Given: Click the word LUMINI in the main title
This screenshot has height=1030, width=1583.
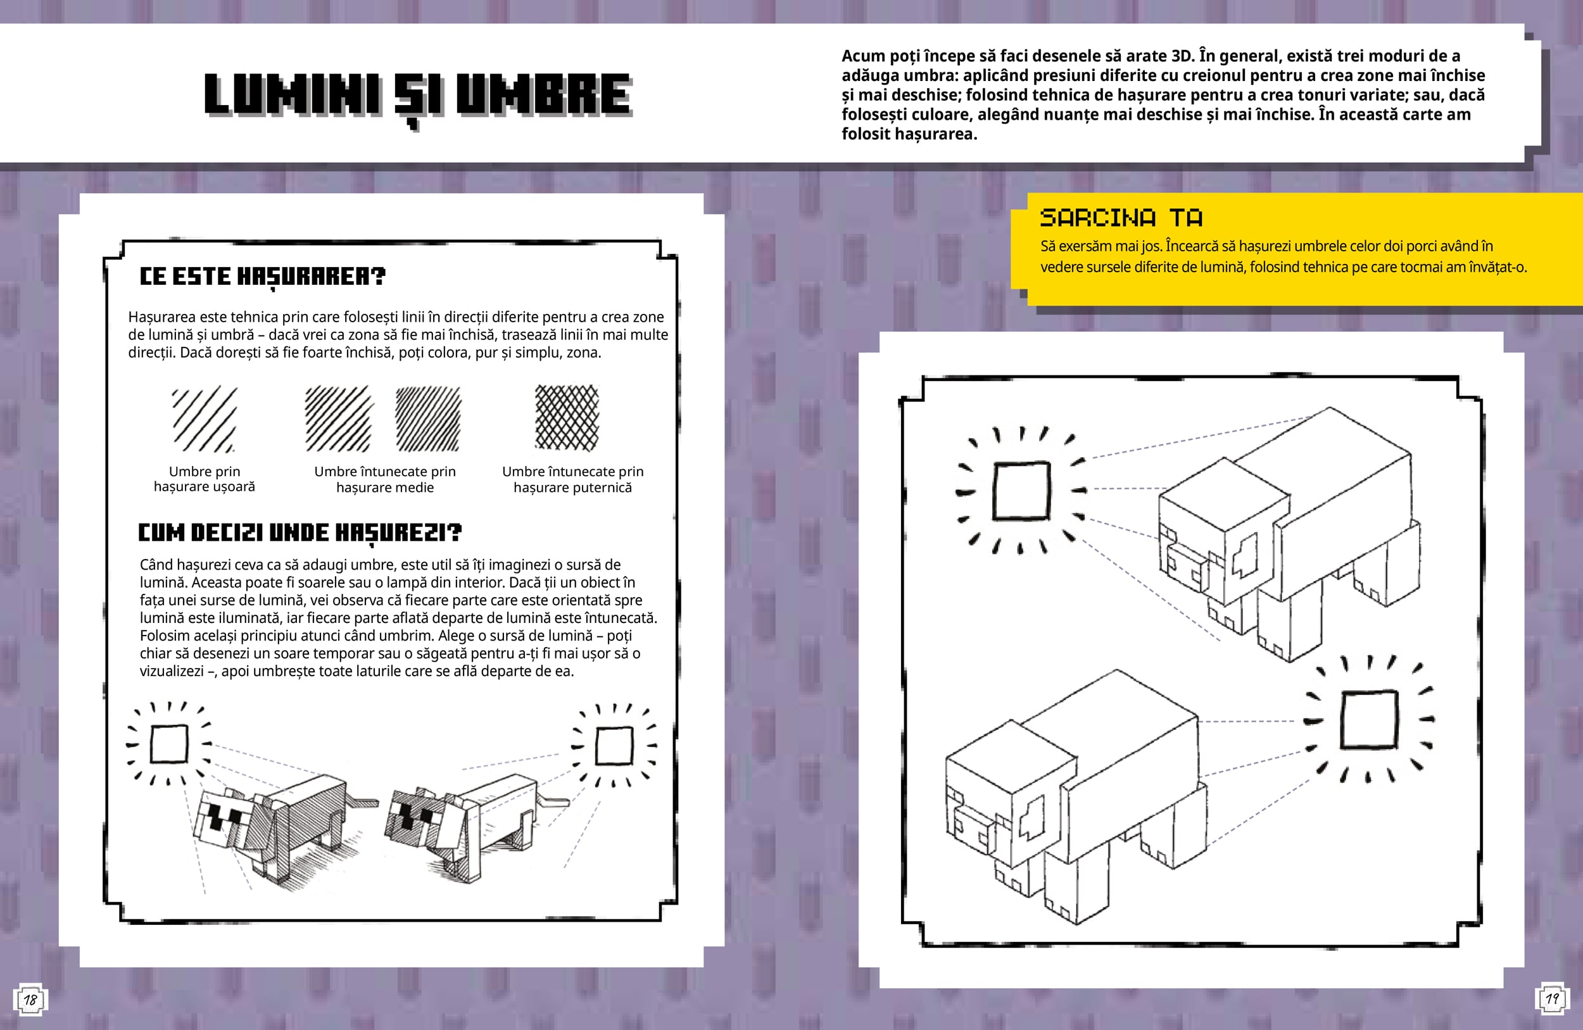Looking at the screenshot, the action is click(293, 94).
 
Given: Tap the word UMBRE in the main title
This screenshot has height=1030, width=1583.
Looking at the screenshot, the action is click(543, 94).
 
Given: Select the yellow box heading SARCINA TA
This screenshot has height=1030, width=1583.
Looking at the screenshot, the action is click(1121, 217).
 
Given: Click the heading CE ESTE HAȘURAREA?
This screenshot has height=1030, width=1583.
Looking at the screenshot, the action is click(262, 276).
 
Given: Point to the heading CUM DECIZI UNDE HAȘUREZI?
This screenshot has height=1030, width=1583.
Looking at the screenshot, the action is click(300, 532).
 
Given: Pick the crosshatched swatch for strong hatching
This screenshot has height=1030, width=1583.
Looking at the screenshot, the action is click(567, 418).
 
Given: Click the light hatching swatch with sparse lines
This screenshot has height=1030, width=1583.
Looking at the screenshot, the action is click(204, 419).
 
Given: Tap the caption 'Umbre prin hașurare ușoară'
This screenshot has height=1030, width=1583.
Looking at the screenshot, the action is click(204, 479).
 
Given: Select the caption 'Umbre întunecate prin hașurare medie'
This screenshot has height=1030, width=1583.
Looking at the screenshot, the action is click(385, 479).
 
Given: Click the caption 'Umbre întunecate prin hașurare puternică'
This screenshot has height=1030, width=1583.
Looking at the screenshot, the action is click(572, 479).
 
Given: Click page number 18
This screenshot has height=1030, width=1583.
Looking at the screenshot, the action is click(30, 1000).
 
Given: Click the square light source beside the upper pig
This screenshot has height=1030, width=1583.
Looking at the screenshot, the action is click(1021, 490).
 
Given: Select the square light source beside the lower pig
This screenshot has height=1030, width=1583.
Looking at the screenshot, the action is click(1370, 719).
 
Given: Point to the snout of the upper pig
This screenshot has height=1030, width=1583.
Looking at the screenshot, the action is click(1185, 566).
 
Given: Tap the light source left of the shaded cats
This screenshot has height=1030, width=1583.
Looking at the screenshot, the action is click(169, 743).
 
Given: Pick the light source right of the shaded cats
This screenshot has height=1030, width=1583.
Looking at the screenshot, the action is click(614, 746).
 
